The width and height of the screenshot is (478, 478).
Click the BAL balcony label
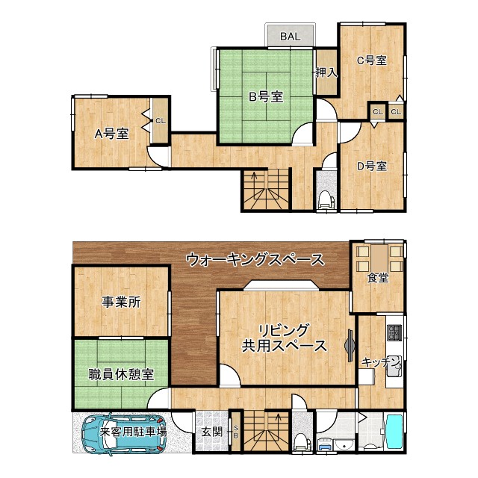coord(291,36)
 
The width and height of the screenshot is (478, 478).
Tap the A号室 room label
coord(111,134)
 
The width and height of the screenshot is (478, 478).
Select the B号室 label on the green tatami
coord(265,96)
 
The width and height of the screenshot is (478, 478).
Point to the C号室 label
coord(370,60)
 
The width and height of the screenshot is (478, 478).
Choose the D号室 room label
coord(371,166)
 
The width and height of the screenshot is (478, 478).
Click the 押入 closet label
coord(326,72)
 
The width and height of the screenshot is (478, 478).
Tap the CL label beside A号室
coord(161,120)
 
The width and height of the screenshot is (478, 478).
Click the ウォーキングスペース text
coord(255,260)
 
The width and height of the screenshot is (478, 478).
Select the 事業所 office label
coord(122,302)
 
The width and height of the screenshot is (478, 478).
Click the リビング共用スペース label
coord(284,338)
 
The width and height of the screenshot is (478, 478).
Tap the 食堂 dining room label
coord(377,278)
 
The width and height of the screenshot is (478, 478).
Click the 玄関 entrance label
coord(211,432)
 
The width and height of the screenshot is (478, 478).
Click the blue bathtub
coord(393,433)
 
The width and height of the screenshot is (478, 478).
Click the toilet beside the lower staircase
coord(302,441)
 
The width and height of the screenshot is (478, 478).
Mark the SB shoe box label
coord(236,432)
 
